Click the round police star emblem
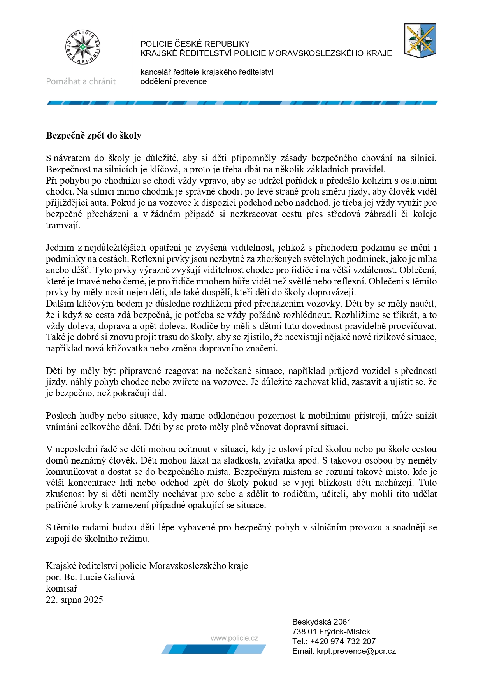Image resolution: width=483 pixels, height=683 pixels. [x=83, y=47]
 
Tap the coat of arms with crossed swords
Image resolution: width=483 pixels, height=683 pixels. [x=420, y=40]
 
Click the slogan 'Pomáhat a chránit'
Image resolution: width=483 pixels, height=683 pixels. [x=81, y=81]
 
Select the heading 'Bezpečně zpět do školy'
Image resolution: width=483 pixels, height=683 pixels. [x=93, y=135]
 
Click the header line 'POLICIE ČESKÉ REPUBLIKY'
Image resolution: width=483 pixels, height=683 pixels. [x=195, y=44]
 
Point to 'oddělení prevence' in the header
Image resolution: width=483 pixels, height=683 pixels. [x=174, y=81]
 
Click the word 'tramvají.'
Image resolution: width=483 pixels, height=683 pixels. [x=63, y=225]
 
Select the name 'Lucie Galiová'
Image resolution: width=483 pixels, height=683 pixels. [x=107, y=577]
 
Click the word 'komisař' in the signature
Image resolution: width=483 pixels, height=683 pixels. [x=61, y=588]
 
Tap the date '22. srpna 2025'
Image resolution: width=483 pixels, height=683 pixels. [x=74, y=600]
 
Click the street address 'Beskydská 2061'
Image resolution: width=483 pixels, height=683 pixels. [x=321, y=622]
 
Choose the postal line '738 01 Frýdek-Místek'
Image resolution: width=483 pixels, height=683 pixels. [x=331, y=632]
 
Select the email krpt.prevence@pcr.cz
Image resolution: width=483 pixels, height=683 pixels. [x=356, y=651]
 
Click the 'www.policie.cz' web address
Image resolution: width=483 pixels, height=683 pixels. [x=234, y=638]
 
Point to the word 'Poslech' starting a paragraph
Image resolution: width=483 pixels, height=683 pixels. [x=61, y=416]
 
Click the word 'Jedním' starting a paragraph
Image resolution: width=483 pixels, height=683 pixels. [x=60, y=248]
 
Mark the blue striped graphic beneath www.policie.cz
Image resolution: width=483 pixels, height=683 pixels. [x=214, y=649]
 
